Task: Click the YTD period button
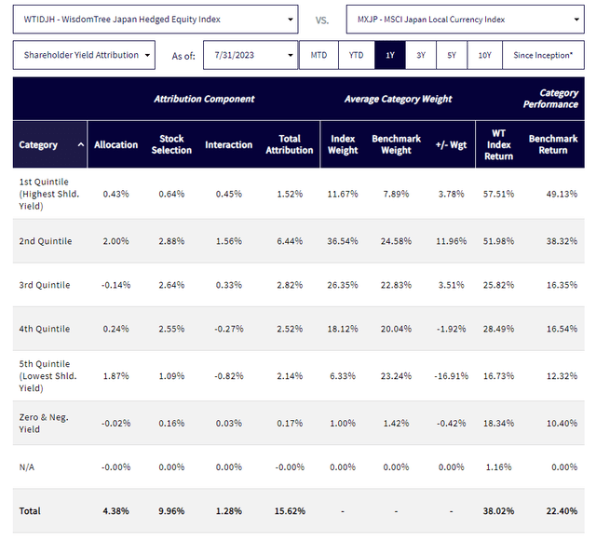coord(357,55)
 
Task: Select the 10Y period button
coord(485,55)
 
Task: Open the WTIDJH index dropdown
coord(156,19)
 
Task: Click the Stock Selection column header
coord(171,144)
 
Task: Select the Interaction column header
coord(228,144)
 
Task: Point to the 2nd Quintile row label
coord(44,241)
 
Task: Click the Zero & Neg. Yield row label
coord(44,423)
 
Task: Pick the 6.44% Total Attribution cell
coord(290,241)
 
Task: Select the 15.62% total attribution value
coord(290,510)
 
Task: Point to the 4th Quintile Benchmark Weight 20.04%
coord(396,328)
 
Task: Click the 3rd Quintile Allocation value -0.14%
coord(116,285)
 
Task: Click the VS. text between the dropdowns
coord(321,19)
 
